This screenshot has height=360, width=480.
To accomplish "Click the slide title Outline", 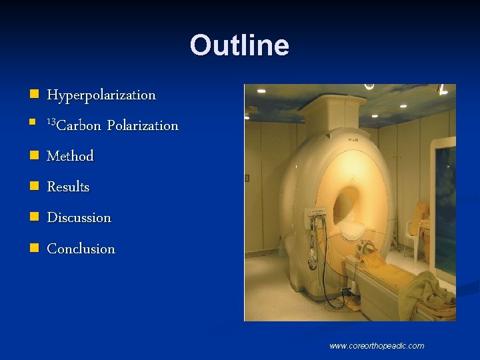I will [239, 45].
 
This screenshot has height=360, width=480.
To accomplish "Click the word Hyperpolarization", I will [101, 95].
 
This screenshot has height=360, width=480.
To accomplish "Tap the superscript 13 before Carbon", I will [51, 122].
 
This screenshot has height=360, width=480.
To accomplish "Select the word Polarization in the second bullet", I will [143, 125].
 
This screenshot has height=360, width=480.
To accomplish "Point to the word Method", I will [70, 156].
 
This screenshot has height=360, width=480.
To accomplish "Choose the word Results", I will [68, 187].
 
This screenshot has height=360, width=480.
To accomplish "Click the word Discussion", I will [79, 217].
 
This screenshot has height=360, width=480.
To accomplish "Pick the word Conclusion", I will [81, 249].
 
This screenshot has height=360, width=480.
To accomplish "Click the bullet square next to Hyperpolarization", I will [33, 95].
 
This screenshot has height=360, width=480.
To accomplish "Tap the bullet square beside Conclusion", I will [33, 249].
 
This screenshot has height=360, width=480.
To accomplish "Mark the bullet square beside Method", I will [33, 156].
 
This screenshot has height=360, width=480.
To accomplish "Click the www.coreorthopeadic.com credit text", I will [377, 345].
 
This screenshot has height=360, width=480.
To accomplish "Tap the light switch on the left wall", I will [247, 178].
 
